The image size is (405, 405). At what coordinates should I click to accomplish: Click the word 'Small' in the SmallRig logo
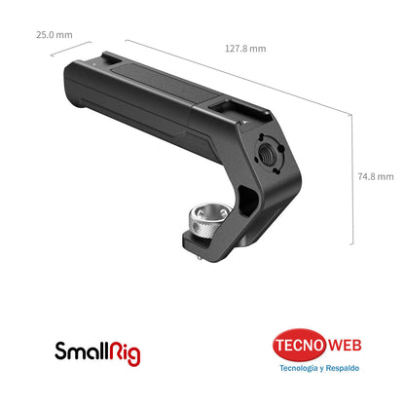[80, 348]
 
